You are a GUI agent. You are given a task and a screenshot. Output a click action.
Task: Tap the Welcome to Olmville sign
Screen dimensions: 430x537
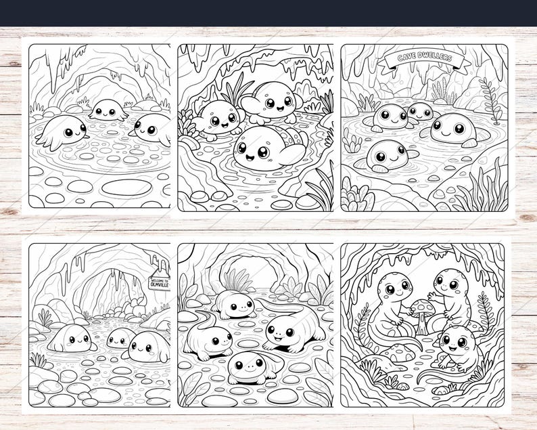pos(160,283)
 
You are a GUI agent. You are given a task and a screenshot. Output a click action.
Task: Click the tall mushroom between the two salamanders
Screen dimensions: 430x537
pos(422,314)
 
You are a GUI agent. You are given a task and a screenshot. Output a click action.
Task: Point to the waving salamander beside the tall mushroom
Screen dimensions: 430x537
pos(451,292)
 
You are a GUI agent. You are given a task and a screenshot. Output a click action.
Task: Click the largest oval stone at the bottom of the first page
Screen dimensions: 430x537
pos(126,186)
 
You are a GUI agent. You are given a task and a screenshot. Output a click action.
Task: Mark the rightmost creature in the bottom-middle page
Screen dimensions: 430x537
pos(289,331)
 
